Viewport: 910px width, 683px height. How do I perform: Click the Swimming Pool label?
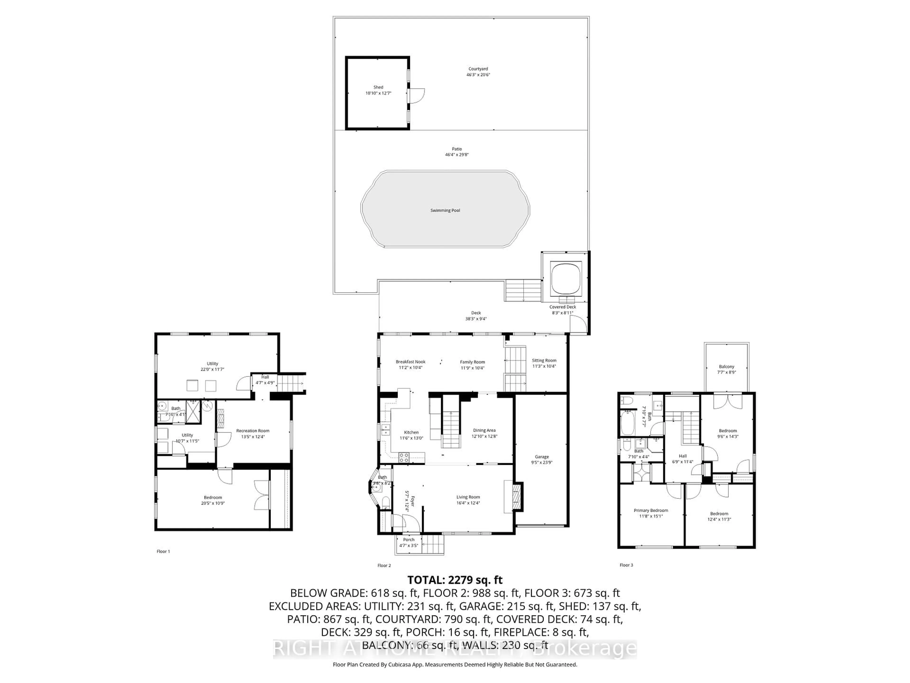[x=445, y=210]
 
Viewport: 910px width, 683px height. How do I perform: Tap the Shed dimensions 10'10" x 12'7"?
[x=378, y=93]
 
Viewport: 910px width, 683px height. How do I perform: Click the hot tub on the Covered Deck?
[x=566, y=278]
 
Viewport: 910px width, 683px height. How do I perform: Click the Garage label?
[x=542, y=457]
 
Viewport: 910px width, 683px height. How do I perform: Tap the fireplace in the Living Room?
[x=516, y=497]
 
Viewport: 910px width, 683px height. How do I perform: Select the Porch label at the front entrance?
[x=409, y=539]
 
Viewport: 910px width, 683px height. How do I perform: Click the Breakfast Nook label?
[x=411, y=362]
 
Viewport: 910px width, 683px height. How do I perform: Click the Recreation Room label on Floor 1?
[x=253, y=431]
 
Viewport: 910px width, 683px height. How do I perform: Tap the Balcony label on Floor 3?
[x=727, y=366]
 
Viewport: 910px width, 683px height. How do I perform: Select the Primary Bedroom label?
[x=651, y=511]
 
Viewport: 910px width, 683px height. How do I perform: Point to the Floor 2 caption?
[x=384, y=566]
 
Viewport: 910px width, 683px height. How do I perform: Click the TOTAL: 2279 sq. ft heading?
[x=455, y=580]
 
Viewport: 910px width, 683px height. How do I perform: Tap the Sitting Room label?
[x=544, y=360]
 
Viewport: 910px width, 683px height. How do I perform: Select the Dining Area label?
[x=484, y=430]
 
